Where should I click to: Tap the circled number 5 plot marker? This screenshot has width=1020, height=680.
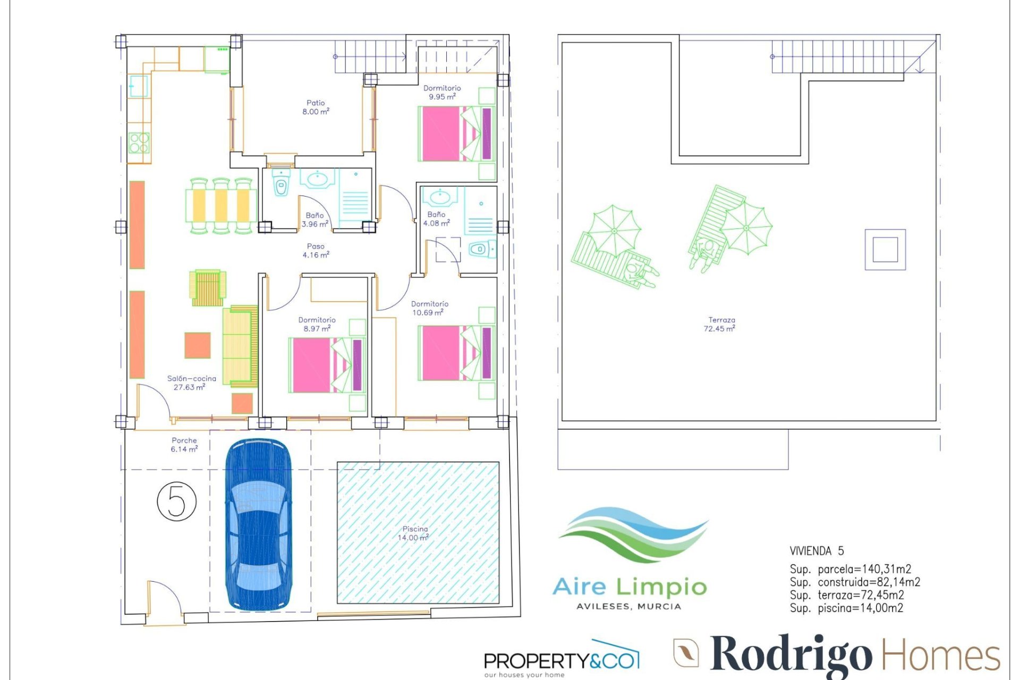click(177, 500)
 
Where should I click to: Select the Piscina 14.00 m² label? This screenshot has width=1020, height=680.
click(414, 533)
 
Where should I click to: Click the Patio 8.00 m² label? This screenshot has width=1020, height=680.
click(316, 107)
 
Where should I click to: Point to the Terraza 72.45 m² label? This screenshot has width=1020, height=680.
click(720, 324)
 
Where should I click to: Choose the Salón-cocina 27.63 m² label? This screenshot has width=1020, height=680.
click(191, 382)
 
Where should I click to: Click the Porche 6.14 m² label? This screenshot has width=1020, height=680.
click(184, 445)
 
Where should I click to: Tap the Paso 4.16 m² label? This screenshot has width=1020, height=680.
click(316, 251)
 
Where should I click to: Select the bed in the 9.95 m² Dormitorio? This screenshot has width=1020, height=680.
click(457, 133)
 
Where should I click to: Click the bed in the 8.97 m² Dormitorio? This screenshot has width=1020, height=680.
click(327, 365)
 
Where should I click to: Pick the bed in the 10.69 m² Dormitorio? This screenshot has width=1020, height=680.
click(457, 353)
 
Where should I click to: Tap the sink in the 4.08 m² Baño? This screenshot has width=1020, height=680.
click(440, 198)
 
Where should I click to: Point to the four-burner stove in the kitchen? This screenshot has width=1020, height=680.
click(139, 142)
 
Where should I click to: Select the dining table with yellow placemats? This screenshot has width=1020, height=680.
click(221, 206)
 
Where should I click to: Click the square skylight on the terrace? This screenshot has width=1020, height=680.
click(885, 250)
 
